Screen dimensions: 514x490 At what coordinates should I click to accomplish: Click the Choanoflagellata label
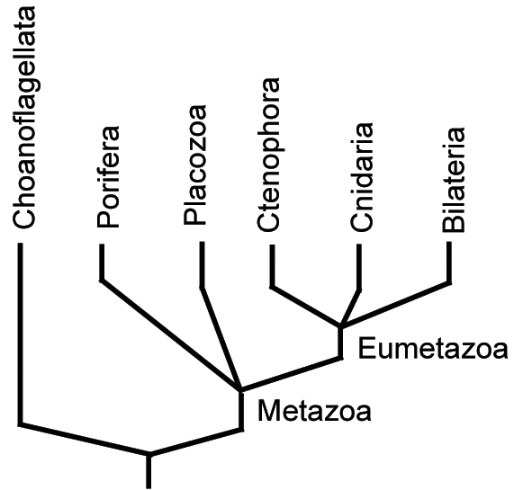(x=24, y=118)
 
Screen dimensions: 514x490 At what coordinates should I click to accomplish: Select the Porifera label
(x=108, y=177)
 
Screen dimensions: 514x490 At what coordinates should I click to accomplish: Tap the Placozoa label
(x=195, y=165)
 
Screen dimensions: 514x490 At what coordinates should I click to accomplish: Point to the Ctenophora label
(x=268, y=155)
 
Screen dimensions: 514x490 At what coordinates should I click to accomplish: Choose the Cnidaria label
(x=362, y=177)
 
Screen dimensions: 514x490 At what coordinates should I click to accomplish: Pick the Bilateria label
(x=454, y=180)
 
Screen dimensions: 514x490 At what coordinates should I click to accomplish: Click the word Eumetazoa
(x=433, y=349)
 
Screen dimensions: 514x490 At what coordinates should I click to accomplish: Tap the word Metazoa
(x=314, y=411)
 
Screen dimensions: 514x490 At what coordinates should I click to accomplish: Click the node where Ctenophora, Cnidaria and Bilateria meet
(x=340, y=326)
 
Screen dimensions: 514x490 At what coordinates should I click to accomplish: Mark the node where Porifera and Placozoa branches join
(x=241, y=389)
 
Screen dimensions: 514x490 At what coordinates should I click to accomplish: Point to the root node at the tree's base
(x=149, y=454)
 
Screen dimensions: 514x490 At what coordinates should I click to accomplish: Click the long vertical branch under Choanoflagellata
(x=20, y=334)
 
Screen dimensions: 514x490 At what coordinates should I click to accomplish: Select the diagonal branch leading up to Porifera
(x=170, y=334)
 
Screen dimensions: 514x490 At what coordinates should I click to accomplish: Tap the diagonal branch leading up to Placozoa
(x=221, y=338)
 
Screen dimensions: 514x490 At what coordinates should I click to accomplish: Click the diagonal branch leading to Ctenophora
(x=306, y=306)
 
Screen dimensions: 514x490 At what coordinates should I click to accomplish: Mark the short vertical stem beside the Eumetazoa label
(x=340, y=343)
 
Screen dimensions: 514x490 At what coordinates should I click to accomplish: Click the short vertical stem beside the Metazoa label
(x=241, y=410)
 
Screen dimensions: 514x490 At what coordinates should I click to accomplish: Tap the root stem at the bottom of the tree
(x=149, y=471)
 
